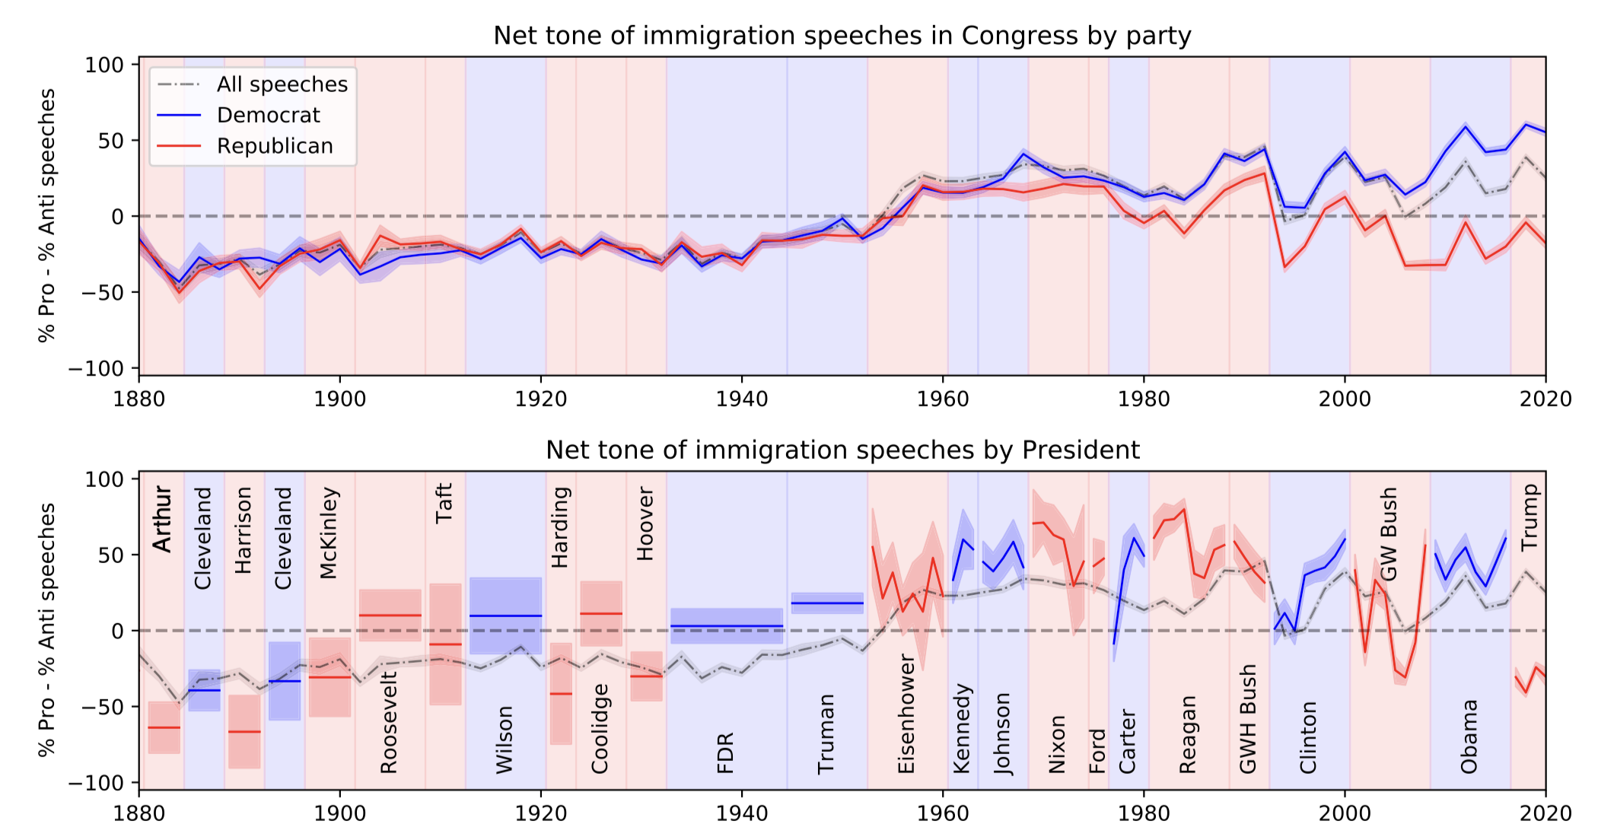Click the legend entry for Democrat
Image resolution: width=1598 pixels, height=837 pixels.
click(268, 115)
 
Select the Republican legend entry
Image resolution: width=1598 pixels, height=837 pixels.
click(275, 146)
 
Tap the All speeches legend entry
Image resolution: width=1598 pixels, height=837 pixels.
click(282, 84)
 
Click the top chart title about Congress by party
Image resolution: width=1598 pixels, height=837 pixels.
click(842, 36)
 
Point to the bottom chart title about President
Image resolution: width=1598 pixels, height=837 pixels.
click(842, 450)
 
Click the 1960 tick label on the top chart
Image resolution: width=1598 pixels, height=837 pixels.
click(943, 399)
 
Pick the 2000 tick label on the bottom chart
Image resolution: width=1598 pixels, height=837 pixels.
click(1345, 813)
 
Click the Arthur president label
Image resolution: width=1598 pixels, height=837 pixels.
click(162, 519)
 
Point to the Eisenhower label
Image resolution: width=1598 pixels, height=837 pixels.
click(906, 713)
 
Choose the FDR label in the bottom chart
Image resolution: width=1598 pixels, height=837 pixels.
click(725, 753)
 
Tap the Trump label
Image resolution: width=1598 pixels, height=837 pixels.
click(1530, 517)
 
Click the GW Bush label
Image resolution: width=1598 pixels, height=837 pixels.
click(1389, 534)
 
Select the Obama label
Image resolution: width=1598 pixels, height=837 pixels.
click(1469, 737)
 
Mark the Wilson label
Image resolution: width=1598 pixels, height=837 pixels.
click(505, 740)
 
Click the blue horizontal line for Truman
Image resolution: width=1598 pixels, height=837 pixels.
click(827, 603)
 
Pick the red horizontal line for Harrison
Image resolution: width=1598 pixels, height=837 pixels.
click(244, 732)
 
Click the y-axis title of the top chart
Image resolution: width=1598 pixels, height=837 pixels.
click(47, 215)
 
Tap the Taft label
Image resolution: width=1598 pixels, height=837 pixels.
click(444, 503)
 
